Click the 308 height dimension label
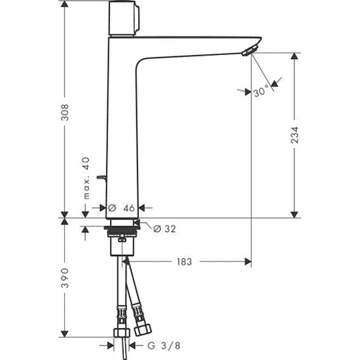(x=65, y=112)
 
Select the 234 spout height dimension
(x=294, y=135)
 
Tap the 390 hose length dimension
(x=65, y=278)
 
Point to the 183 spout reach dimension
(x=185, y=261)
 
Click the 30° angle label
(x=261, y=91)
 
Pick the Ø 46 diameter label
(x=121, y=208)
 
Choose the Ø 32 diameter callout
(x=165, y=228)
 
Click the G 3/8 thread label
(x=163, y=346)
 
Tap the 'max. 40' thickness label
(x=87, y=178)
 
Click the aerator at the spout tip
(x=250, y=50)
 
